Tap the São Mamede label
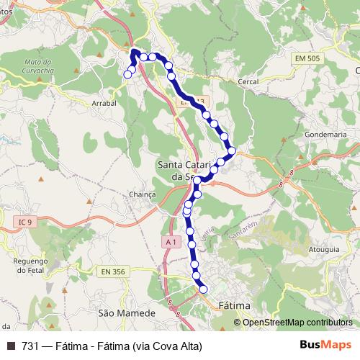pyautogui.click(x=127, y=313)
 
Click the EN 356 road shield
pyautogui.click(x=114, y=271)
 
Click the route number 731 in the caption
pyautogui.click(x=30, y=345)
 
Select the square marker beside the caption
pyautogui.click(x=10, y=345)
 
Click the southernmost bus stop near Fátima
pyautogui.click(x=203, y=289)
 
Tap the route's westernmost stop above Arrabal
pyautogui.click(x=129, y=73)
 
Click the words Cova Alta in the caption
pyautogui.click(x=163, y=345)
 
